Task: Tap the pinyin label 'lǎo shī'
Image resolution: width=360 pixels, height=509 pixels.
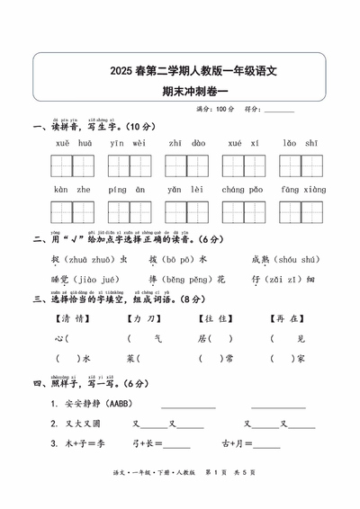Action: pyautogui.click(x=300, y=143)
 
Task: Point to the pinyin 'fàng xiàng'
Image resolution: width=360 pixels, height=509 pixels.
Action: pyautogui.click(x=300, y=190)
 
